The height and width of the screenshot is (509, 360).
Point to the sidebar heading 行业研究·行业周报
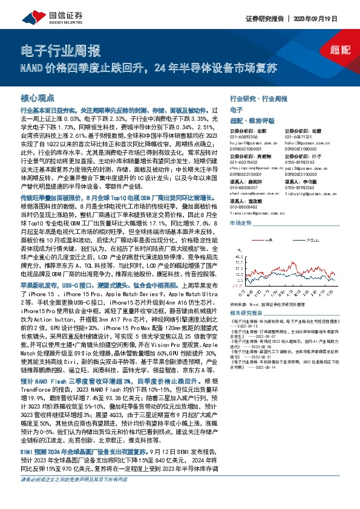click(x=260, y=98)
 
